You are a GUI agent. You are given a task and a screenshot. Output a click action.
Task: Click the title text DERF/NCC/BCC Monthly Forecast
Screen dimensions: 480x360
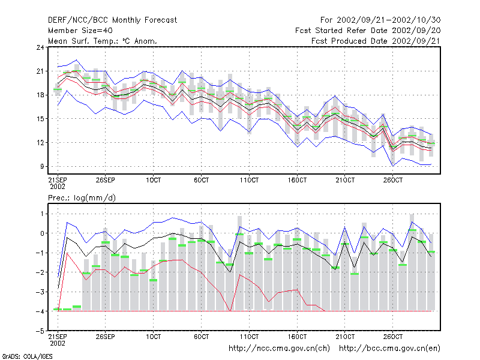[x=112, y=20]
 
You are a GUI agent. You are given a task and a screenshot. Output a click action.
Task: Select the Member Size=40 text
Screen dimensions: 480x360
[x=80, y=31]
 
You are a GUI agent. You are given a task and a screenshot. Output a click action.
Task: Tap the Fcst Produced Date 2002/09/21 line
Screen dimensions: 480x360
[x=376, y=41]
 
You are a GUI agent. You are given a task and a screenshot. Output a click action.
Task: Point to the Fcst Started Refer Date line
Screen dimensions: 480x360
[x=368, y=31]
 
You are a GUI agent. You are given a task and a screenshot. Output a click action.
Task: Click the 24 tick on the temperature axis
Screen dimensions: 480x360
[x=40, y=47]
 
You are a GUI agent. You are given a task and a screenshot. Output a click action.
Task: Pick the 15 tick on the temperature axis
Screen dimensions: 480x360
[x=40, y=119]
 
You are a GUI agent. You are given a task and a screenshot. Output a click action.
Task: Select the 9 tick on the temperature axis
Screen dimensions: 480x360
[x=42, y=167]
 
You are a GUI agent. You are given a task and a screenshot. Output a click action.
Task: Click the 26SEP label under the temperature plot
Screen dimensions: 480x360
[x=106, y=180]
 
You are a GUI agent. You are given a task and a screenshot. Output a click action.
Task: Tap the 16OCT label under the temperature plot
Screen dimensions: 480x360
[x=297, y=180]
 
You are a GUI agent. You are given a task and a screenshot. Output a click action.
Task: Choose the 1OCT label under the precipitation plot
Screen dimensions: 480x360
[x=153, y=337]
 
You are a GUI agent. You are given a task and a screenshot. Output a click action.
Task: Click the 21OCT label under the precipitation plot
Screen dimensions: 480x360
[x=345, y=337]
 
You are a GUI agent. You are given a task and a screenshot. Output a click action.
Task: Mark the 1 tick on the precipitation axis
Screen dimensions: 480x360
[x=42, y=214]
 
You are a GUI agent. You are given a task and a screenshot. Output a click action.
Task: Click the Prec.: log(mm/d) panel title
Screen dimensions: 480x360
[x=82, y=198]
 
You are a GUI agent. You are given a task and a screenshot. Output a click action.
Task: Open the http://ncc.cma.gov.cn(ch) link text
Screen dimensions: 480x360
[x=279, y=349]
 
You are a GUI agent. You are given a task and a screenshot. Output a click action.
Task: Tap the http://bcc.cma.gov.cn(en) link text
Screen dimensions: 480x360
[x=389, y=349]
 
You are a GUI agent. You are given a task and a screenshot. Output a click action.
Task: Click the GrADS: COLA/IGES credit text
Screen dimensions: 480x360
[x=27, y=356]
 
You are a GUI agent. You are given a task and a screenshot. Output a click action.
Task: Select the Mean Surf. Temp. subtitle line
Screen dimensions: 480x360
[x=103, y=41]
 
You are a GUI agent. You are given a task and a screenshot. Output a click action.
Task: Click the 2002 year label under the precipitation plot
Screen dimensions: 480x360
[x=58, y=343]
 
